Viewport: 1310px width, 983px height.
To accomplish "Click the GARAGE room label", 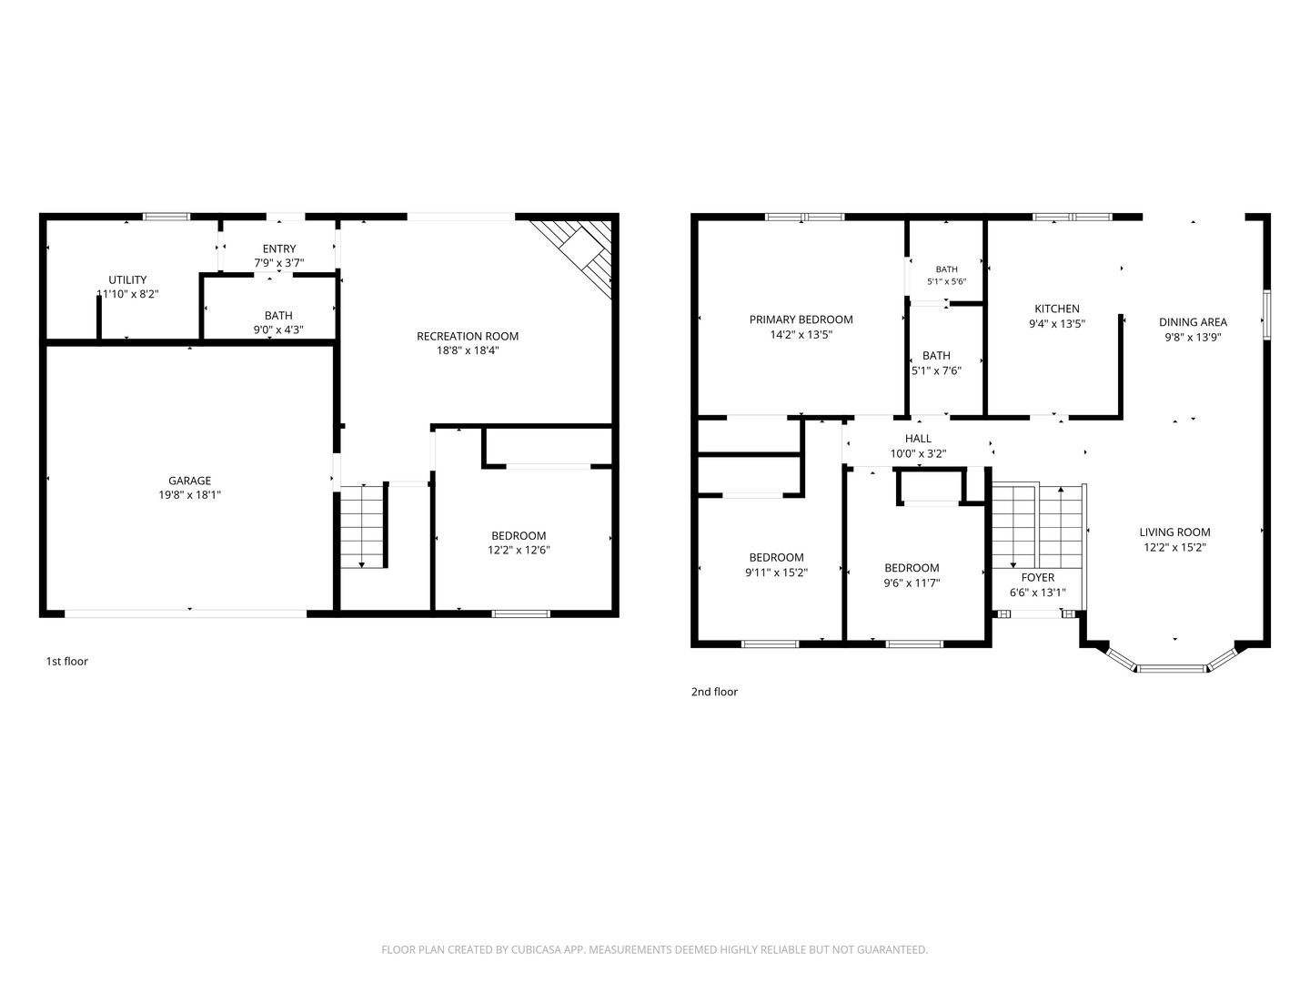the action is point(189,481).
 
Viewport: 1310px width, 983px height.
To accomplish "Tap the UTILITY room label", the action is point(127,280).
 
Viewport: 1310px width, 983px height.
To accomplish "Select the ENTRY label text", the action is point(278,248).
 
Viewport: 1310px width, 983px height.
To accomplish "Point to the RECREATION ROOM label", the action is point(468,337).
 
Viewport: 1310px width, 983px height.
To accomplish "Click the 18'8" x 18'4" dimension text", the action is point(468,351).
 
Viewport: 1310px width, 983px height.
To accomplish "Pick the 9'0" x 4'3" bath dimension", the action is point(278,329).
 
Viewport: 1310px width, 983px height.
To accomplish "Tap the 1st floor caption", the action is point(66,662).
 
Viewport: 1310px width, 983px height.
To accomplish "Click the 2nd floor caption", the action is point(714,692).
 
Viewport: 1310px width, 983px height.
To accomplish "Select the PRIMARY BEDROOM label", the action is point(801,319).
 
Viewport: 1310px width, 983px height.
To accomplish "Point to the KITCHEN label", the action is point(1057,309).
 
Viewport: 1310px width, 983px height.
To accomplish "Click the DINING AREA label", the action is point(1193,322).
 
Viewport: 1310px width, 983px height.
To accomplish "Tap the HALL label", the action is point(918,439).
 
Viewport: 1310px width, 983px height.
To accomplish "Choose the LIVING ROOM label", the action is point(1174,532).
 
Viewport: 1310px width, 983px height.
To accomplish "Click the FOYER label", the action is point(1038,578).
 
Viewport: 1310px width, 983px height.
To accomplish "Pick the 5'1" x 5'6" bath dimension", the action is point(946,282).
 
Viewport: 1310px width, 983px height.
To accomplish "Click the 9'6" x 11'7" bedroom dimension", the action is point(912,583).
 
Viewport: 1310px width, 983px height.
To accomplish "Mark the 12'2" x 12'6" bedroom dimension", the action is point(519,551).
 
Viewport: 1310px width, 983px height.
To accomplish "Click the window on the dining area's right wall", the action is point(1266,315).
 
